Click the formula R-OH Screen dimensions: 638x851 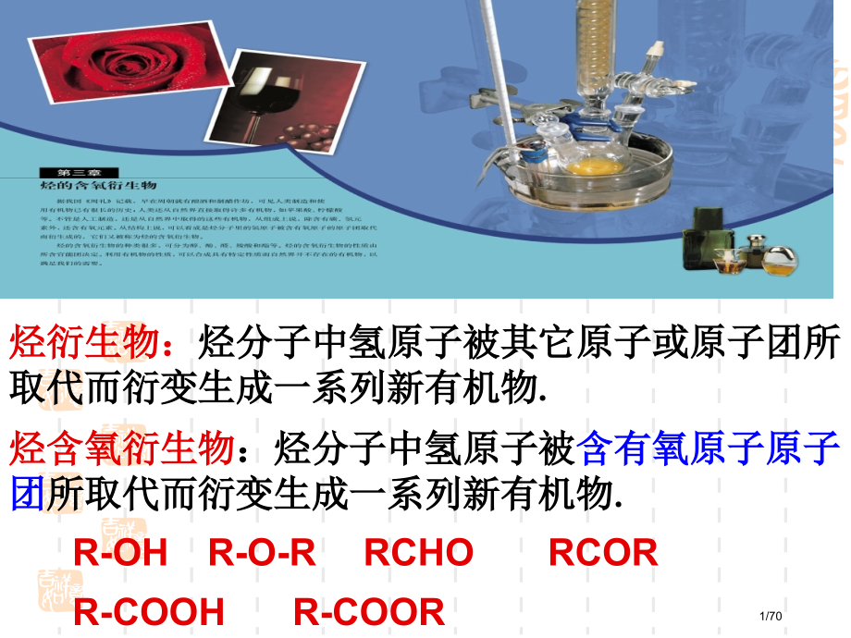click(120, 553)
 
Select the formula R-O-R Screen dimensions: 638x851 click(263, 553)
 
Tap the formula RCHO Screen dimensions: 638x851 click(419, 553)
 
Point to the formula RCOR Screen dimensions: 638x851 click(603, 553)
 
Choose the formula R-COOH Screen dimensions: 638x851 click(149, 611)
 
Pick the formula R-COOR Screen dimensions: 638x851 click(369, 611)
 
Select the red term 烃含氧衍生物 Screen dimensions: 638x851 click(120, 450)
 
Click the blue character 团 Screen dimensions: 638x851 click(27, 492)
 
